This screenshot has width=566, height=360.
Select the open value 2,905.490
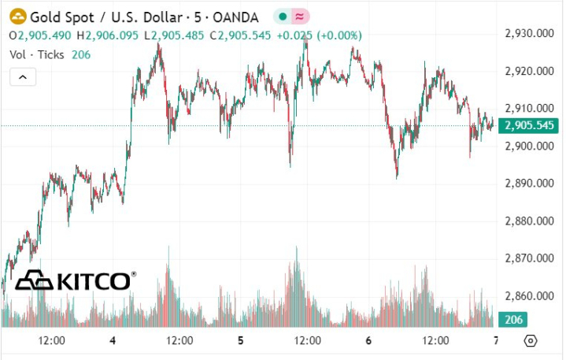tap(44, 35)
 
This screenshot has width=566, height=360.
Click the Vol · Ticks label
tap(38, 54)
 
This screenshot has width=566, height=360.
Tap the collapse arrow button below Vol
tap(23, 77)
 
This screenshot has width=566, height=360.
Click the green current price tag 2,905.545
tap(529, 125)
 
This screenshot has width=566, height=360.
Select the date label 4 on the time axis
tap(113, 340)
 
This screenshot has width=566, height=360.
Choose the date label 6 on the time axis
tap(368, 340)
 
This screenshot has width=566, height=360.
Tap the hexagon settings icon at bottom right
tap(531, 340)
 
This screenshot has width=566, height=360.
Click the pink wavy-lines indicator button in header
tap(299, 16)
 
